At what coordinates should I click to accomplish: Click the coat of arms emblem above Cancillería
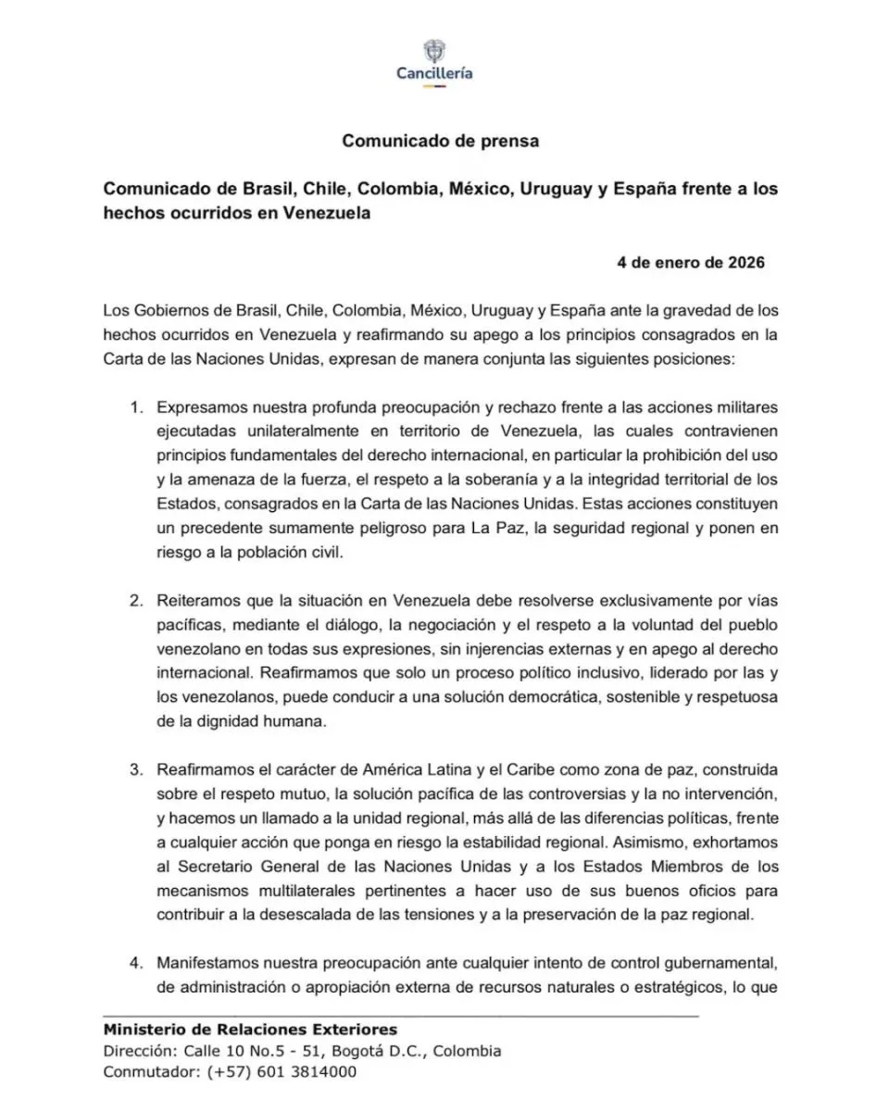point(434,51)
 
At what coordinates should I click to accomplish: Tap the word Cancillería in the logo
point(434,73)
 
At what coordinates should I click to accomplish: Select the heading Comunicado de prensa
point(440,142)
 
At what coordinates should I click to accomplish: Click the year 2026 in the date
point(745,262)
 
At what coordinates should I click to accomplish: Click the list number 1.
point(135,407)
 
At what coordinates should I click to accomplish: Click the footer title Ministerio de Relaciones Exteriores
point(250,1030)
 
